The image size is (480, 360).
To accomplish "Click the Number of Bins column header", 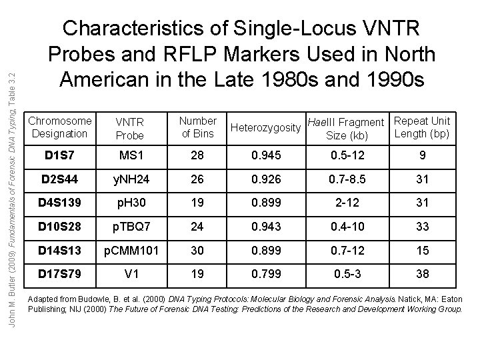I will coord(197,127).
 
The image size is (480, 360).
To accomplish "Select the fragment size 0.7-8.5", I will coord(347,180).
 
